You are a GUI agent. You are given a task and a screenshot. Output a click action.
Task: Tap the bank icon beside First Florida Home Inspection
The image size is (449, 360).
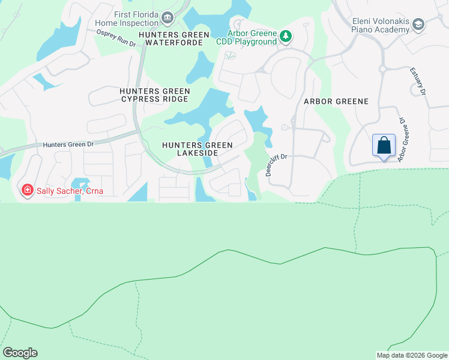click(x=168, y=17)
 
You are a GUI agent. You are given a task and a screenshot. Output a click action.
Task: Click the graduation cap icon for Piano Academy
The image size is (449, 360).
click(x=418, y=24)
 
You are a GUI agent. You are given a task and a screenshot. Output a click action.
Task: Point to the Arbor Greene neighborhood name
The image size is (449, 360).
click(x=336, y=101)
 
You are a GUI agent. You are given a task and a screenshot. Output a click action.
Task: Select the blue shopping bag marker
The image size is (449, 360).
click(x=384, y=145)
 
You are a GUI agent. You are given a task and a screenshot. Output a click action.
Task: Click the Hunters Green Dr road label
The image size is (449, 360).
click(x=69, y=145)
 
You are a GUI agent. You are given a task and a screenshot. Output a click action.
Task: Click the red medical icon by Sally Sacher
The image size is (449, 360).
click(x=26, y=191)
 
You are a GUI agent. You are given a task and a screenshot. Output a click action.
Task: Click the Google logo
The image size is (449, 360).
click(x=20, y=353)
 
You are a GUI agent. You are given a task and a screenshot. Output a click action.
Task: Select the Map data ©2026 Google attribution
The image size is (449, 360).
click(x=411, y=355)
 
